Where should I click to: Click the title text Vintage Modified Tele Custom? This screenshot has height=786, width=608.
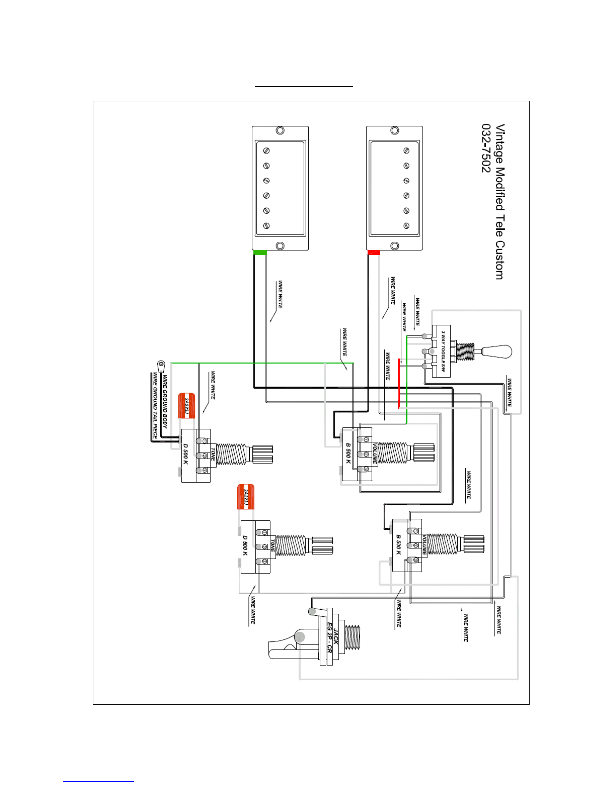tap(500, 201)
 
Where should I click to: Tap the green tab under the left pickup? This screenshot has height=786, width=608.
tap(260, 253)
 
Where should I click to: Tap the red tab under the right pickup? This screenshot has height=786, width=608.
tap(374, 253)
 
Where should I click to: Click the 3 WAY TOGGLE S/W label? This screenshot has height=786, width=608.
tap(443, 351)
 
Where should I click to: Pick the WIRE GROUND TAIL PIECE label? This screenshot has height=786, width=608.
tap(155, 406)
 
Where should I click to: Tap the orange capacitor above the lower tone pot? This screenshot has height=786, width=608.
tap(245, 496)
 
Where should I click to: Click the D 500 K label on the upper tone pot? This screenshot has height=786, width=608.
tap(185, 454)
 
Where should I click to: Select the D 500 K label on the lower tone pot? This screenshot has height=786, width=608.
tap(245, 545)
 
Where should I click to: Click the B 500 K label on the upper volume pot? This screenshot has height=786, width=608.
tap(348, 453)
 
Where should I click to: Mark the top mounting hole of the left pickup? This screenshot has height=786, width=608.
tap(280, 131)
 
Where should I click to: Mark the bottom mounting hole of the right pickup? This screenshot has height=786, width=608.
tap(395, 246)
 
